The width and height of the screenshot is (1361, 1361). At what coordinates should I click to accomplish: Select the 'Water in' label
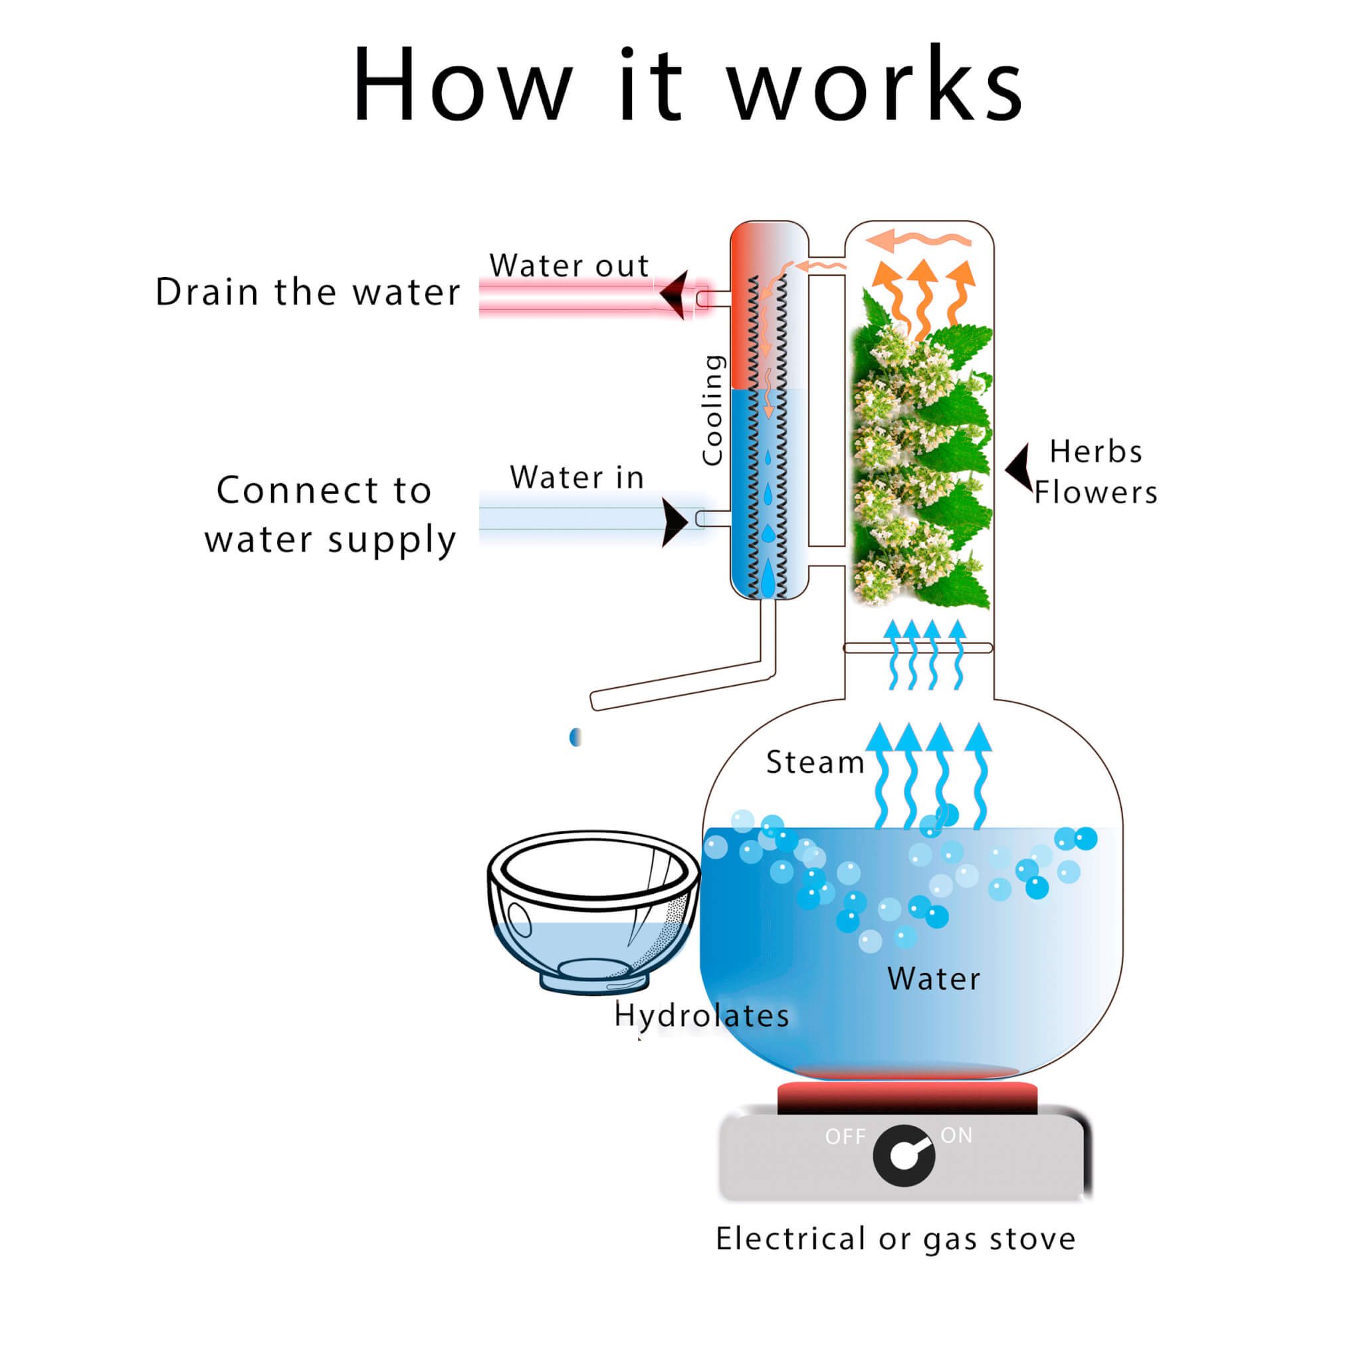[577, 478]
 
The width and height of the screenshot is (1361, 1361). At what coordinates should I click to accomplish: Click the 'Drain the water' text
[308, 292]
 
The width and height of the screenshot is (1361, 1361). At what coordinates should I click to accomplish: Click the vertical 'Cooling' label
[713, 410]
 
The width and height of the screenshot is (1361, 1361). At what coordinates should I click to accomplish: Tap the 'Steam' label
[815, 762]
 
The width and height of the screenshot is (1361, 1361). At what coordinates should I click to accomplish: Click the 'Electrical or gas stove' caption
[895, 1239]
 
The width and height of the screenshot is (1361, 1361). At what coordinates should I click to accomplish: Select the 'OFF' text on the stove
[845, 1137]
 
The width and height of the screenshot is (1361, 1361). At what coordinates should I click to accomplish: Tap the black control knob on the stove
[904, 1155]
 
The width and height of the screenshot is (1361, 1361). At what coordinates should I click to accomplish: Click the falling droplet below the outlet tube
[576, 737]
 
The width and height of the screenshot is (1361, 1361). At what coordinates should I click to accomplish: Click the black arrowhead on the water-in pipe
[673, 522]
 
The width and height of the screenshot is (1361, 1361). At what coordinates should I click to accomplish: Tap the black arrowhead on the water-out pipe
[674, 294]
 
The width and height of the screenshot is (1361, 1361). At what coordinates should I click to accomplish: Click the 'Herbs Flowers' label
[1095, 472]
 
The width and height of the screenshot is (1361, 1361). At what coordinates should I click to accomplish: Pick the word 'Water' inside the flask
[934, 979]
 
